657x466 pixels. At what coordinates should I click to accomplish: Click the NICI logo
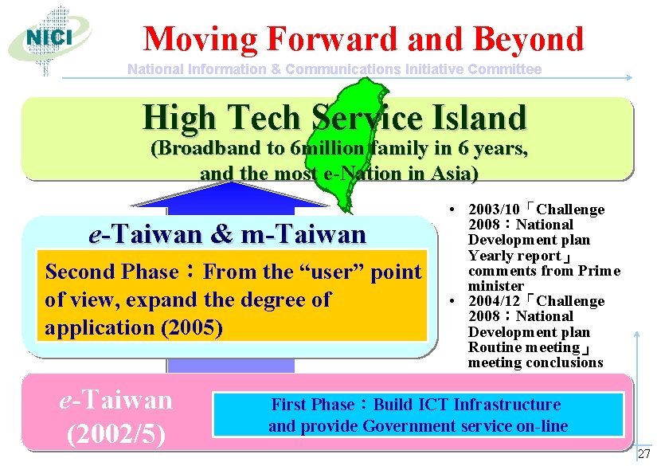pos(49,37)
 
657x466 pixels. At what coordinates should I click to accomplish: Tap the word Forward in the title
pos(334,38)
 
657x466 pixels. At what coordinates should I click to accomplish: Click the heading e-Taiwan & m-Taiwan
pos(228,234)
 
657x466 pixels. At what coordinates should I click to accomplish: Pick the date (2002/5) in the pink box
pos(116,433)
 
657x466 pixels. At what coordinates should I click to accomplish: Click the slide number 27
pos(643,454)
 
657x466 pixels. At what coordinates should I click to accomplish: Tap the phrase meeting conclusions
pos(535,362)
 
